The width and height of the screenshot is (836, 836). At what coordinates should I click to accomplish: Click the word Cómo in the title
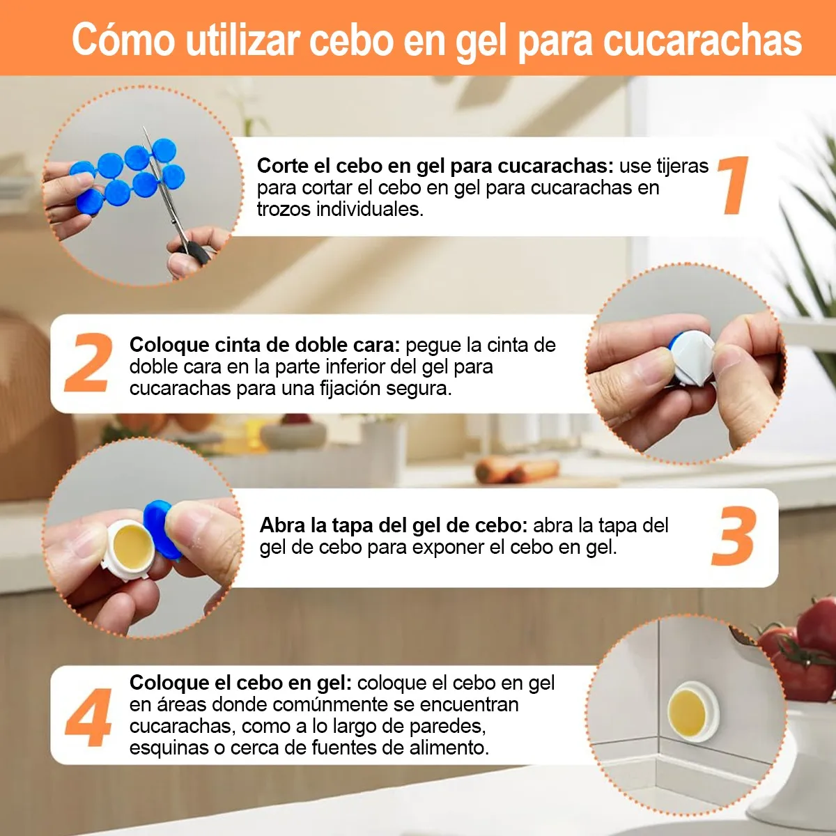point(123,40)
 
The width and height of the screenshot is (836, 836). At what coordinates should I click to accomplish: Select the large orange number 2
point(89,363)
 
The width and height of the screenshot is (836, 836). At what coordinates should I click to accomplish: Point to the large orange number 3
point(734,536)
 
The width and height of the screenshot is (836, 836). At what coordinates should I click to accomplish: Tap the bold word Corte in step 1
point(283,166)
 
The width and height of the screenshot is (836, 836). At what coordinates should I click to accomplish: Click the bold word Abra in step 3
point(282,525)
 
